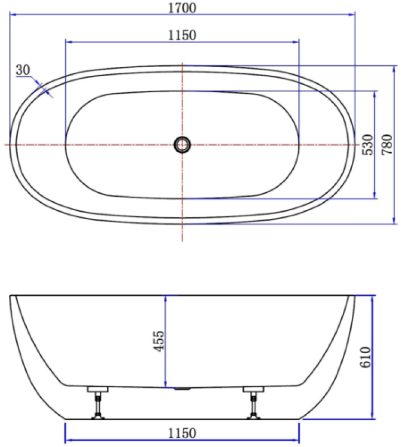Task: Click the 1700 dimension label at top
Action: [x=182, y=7]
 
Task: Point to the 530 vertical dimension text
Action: [x=367, y=144]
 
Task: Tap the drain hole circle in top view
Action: [x=182, y=144]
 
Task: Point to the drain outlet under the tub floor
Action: [x=182, y=388]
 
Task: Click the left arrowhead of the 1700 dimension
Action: [x=13, y=15]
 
